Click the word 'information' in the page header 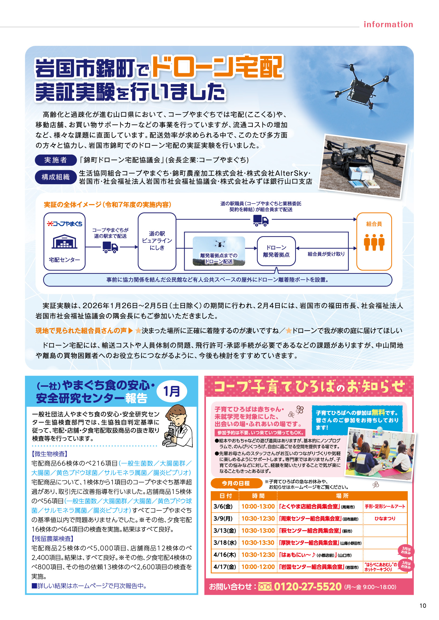(x=388, y=25)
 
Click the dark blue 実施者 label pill (x=56, y=160)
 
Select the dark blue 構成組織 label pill (x=56, y=177)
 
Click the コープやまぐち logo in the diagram (x=64, y=224)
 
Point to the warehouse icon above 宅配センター (x=64, y=241)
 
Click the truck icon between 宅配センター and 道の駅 (x=110, y=247)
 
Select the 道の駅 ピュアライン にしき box (x=157, y=241)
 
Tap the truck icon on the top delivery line (x=261, y=221)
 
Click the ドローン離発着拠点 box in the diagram (x=276, y=251)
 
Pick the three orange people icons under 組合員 (x=374, y=242)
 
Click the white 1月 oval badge (x=172, y=391)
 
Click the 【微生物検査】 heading (x=49, y=454)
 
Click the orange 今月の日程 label (x=236, y=483)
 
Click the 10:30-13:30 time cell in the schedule (x=258, y=543)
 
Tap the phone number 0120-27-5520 (x=308, y=587)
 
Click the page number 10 (x=423, y=606)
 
